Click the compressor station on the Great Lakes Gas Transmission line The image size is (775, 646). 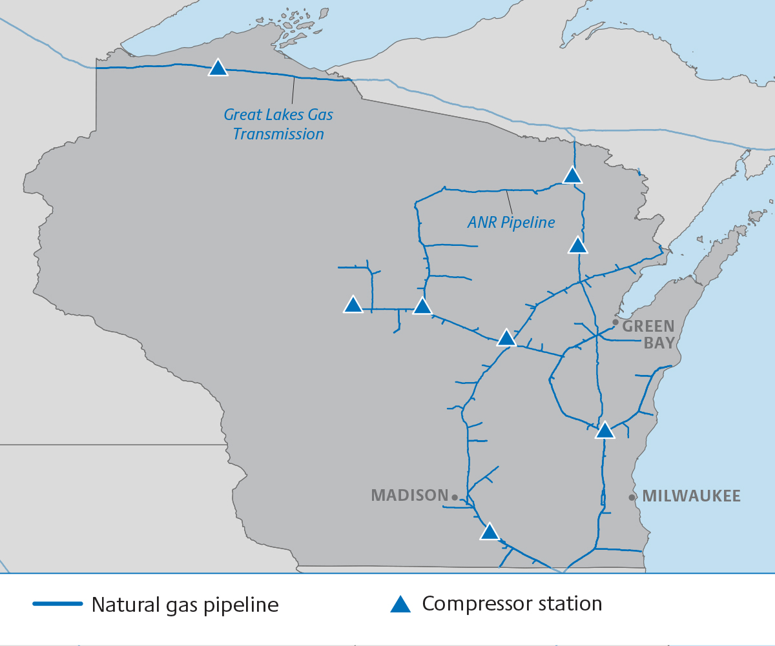pyautogui.click(x=218, y=68)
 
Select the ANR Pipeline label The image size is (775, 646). pyautogui.click(x=511, y=223)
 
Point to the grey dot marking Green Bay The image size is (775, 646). pyautogui.click(x=615, y=322)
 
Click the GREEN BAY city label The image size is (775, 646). pyautogui.click(x=648, y=334)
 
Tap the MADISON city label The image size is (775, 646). pyautogui.click(x=409, y=496)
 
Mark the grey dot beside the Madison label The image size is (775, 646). pyautogui.click(x=455, y=498)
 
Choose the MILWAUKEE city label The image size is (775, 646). pyautogui.click(x=691, y=496)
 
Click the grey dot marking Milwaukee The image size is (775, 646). pyautogui.click(x=632, y=497)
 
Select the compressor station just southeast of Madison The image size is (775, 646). pyautogui.click(x=490, y=532)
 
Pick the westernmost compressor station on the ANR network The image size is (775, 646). pyautogui.click(x=353, y=305)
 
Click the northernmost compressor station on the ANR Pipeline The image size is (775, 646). pyautogui.click(x=572, y=176)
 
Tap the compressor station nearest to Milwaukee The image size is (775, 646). pyautogui.click(x=604, y=431)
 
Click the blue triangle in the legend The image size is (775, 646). pyautogui.click(x=400, y=605)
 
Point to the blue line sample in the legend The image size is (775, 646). pyautogui.click(x=58, y=604)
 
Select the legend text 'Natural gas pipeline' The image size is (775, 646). pyautogui.click(x=185, y=605)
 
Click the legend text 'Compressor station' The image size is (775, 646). pyautogui.click(x=512, y=604)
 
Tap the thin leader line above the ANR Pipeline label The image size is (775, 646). pyautogui.click(x=510, y=202)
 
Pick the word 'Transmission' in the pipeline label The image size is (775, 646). pyautogui.click(x=278, y=134)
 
